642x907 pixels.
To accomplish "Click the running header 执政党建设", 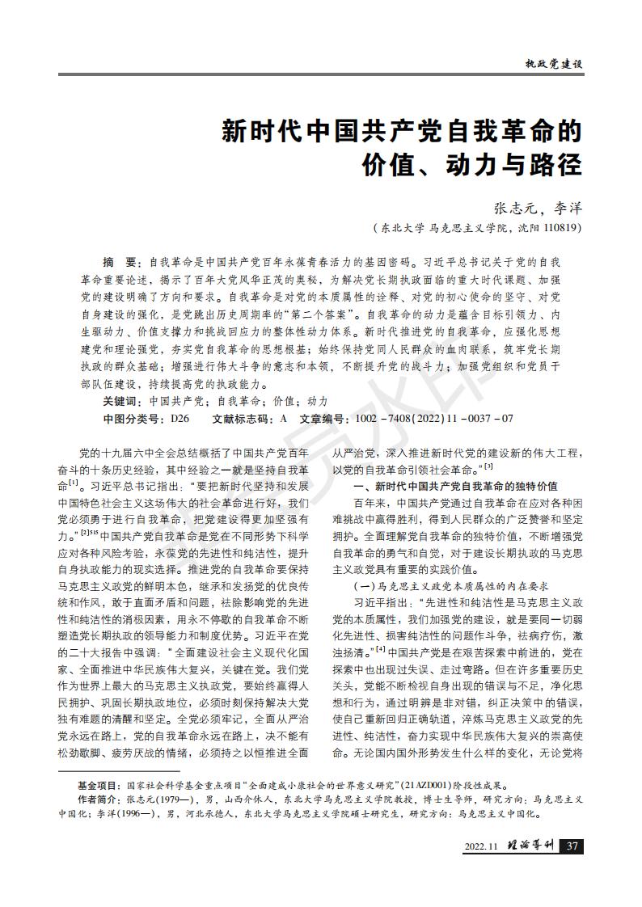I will point(554,63).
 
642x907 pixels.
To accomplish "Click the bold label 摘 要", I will point(121,264).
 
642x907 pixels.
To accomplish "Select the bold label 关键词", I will point(120,402).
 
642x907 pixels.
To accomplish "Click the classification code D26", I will point(179,419).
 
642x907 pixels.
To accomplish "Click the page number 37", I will point(572,846).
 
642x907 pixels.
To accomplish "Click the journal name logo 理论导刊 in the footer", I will point(529,846).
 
